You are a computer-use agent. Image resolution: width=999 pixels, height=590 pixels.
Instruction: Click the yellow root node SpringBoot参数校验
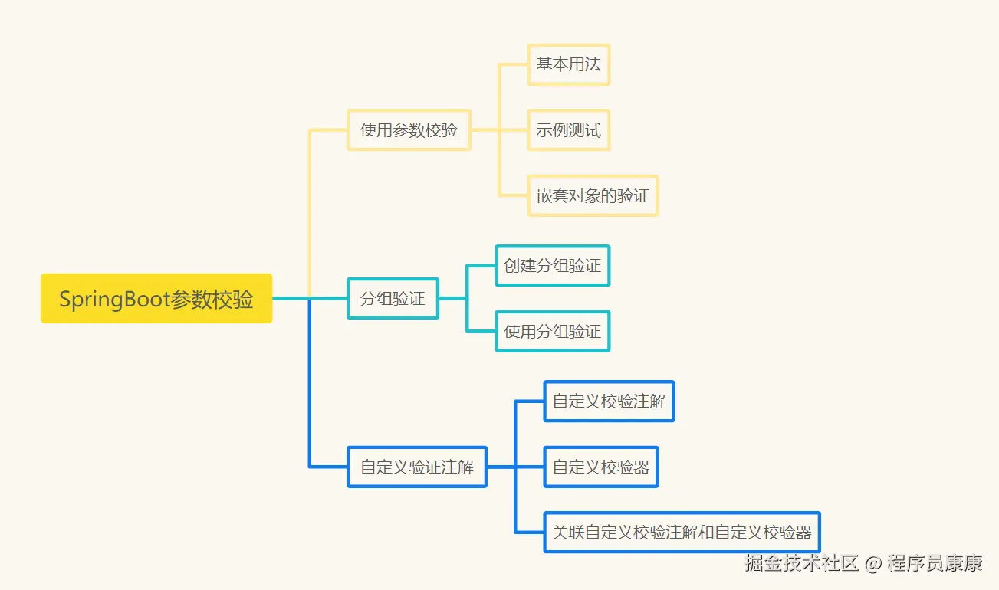pos(156,298)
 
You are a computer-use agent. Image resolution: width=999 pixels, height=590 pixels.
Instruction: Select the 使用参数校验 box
pos(409,129)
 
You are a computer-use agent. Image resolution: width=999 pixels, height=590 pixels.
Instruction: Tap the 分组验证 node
pos(393,298)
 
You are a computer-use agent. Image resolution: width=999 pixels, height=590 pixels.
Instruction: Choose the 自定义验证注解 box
pos(417,467)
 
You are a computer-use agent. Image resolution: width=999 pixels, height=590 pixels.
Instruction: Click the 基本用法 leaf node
pos(568,64)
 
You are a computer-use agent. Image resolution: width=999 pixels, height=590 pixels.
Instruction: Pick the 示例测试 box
pos(568,129)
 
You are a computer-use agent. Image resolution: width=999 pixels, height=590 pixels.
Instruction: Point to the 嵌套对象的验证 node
pos(593,195)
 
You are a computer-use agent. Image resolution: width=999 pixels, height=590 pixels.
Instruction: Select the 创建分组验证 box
pos(552,265)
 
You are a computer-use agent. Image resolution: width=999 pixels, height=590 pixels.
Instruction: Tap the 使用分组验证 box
pos(552,331)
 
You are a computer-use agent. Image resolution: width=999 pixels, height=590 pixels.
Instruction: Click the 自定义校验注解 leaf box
pos(609,401)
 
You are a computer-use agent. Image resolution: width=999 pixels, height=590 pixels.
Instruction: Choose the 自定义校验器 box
pos(601,467)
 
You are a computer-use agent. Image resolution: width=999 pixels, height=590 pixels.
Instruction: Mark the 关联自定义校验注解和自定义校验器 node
pos(682,532)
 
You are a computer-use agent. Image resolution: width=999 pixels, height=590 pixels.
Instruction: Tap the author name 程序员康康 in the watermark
pos(935,565)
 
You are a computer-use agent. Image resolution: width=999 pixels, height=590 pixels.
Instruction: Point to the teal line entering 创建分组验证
pos(481,265)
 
